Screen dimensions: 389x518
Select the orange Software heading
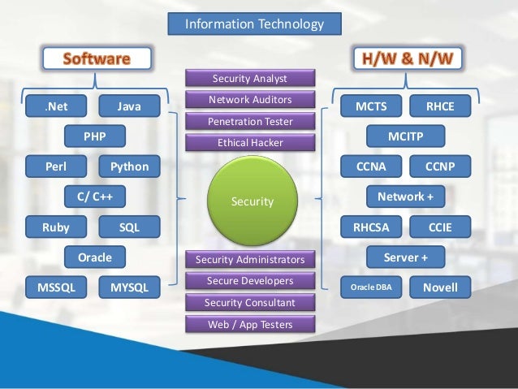click(97, 58)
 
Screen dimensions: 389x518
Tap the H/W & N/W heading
click(405, 58)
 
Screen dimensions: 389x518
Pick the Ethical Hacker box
click(249, 142)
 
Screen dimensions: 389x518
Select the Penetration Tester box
click(249, 121)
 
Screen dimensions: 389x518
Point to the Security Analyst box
click(249, 79)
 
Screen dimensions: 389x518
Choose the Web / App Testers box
click(249, 324)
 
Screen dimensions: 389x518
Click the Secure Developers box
click(249, 281)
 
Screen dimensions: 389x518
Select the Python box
click(130, 166)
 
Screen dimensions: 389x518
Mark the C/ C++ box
click(94, 197)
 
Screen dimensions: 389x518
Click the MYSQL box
click(130, 287)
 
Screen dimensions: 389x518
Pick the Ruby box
click(56, 227)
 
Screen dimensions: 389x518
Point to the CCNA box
click(371, 166)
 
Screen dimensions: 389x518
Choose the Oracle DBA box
click(371, 287)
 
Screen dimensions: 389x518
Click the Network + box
click(406, 197)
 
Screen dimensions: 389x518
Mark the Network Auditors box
click(249, 100)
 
